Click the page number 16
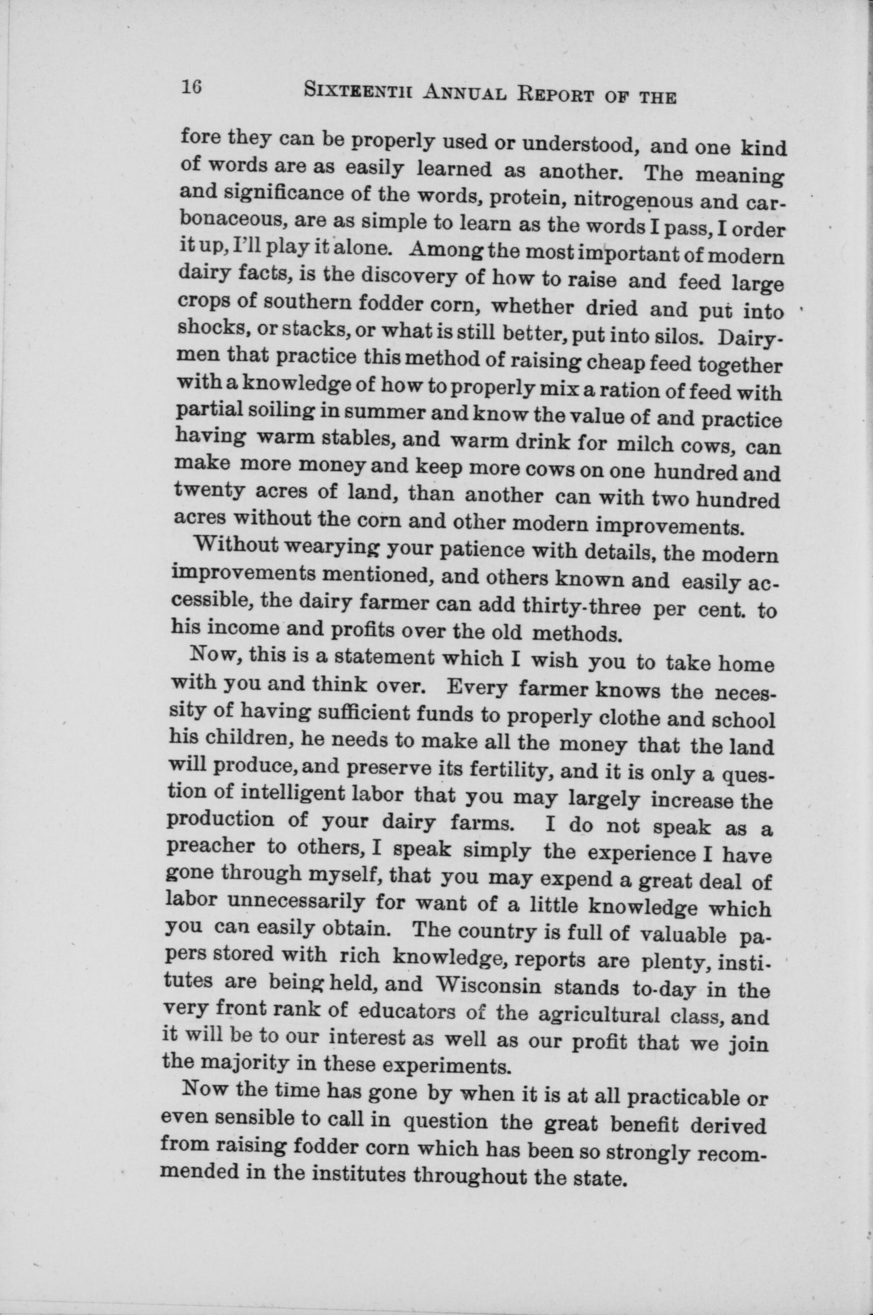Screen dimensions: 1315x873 click(191, 89)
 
